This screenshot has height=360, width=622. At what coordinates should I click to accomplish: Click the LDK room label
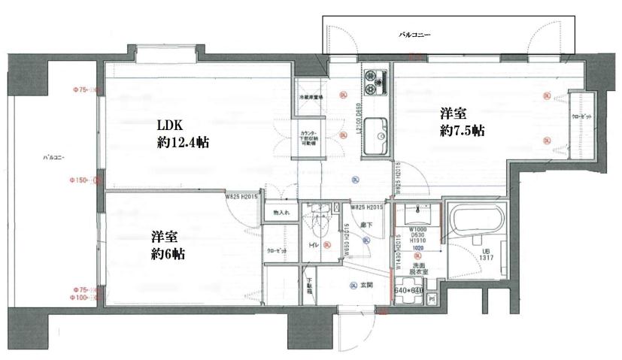coord(171,126)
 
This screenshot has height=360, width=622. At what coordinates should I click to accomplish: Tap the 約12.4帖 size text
coord(183,144)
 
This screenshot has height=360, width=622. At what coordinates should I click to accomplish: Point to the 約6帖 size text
coord(166,254)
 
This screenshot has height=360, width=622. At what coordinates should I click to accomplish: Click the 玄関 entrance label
coord(366,284)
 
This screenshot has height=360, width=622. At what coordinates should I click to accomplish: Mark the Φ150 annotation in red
coord(78,180)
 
